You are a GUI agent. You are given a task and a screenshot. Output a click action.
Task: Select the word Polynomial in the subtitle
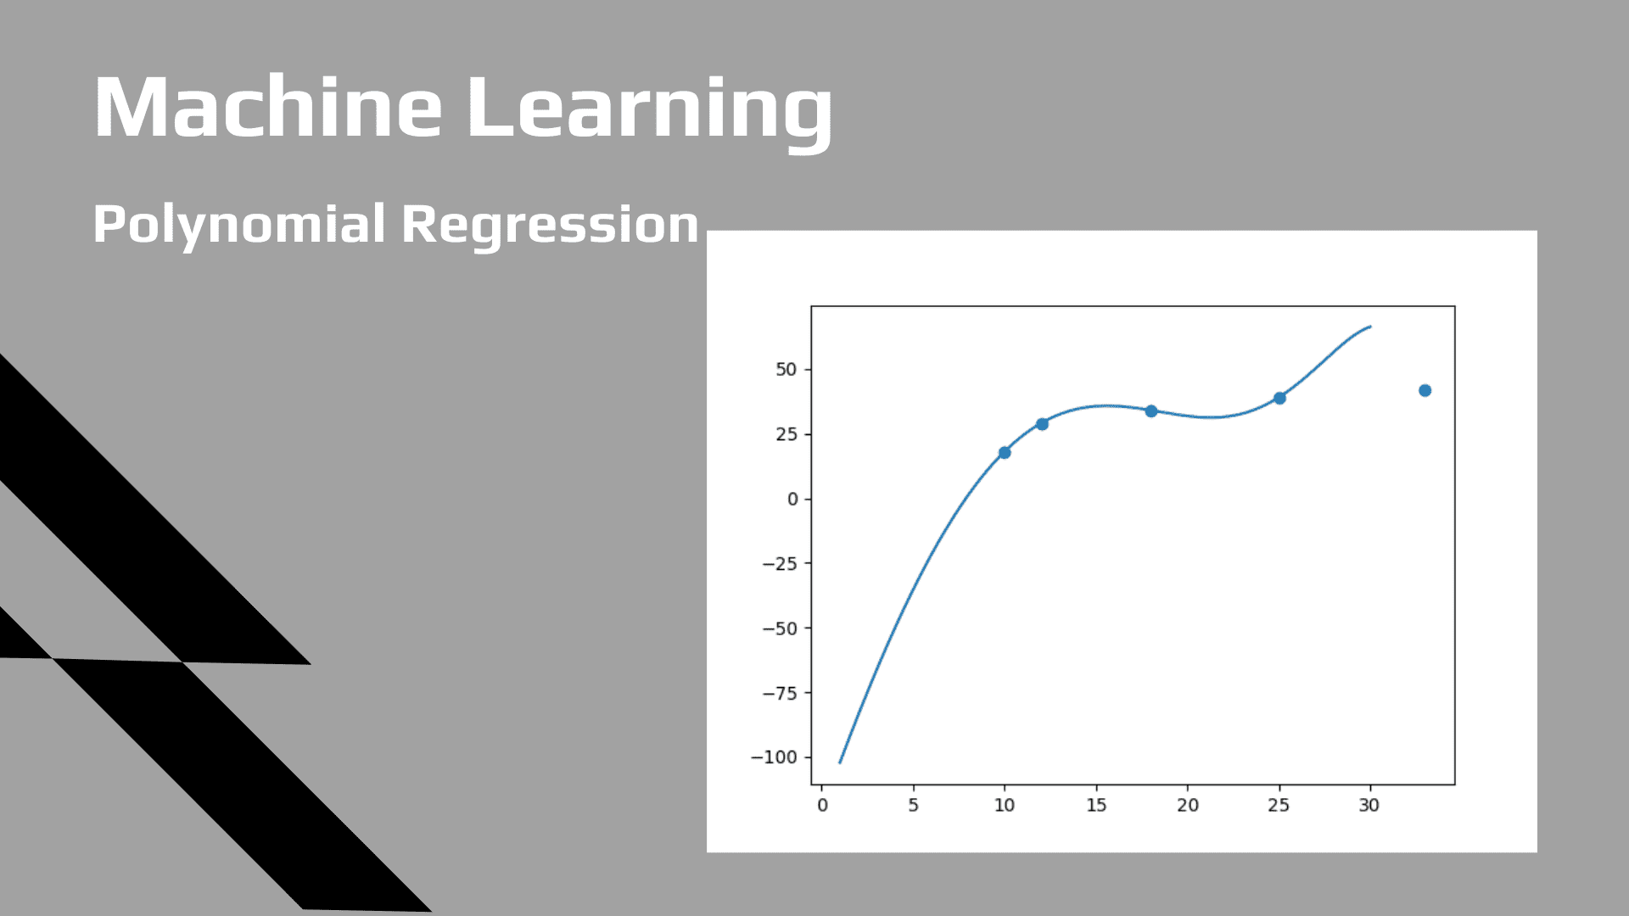(238, 225)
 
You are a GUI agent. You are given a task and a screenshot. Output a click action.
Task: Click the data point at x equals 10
(1005, 453)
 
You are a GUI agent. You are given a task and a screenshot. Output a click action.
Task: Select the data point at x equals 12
(1042, 424)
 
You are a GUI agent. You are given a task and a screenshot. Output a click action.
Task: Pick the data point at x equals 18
(1151, 411)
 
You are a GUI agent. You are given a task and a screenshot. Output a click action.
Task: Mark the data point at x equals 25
(1279, 398)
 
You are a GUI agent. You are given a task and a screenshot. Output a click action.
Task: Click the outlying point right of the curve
(1425, 391)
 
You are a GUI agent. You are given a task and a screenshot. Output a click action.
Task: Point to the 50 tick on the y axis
(786, 370)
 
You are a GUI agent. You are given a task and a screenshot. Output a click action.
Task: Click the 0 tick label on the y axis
(792, 500)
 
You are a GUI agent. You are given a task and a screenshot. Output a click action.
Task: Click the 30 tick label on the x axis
(1369, 806)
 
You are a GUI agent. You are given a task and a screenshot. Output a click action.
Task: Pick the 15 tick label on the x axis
(1096, 806)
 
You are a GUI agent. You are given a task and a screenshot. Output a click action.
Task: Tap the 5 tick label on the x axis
(913, 806)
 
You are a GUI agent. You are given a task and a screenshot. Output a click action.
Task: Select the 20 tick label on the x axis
(1187, 806)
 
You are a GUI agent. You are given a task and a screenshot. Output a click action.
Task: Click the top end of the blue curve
(1369, 327)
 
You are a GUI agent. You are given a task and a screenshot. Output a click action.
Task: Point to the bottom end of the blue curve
(840, 762)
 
